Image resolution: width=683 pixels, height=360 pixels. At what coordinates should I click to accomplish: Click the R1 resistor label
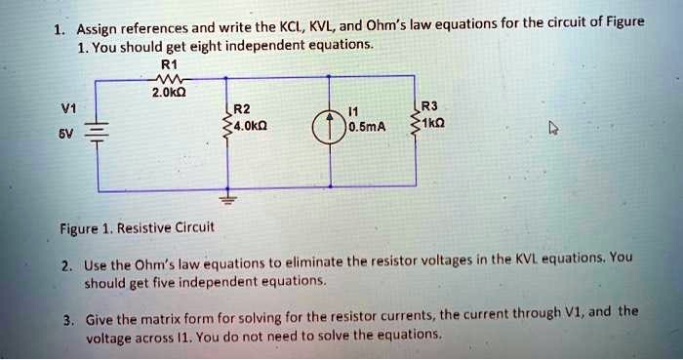[164, 66]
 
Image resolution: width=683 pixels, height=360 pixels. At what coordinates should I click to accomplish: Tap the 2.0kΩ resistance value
[164, 94]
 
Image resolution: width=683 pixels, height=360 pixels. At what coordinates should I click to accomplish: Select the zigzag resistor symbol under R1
[164, 80]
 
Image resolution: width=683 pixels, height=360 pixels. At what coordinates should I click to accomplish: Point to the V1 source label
[67, 109]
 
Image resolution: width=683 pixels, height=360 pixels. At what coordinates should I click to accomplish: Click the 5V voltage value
[66, 135]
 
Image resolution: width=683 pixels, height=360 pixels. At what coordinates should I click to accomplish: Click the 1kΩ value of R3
[435, 124]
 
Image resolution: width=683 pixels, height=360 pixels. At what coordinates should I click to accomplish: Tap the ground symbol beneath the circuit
[226, 199]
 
